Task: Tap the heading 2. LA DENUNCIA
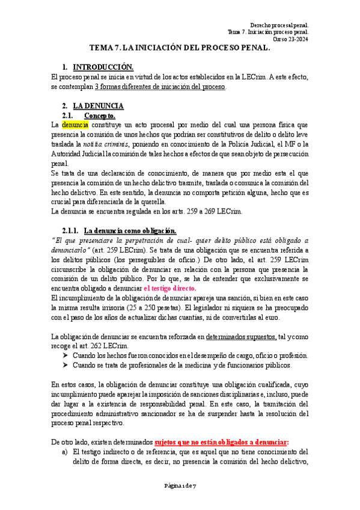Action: (x=98, y=106)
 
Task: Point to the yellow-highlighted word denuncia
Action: (x=75, y=125)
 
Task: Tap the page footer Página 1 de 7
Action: (x=180, y=502)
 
